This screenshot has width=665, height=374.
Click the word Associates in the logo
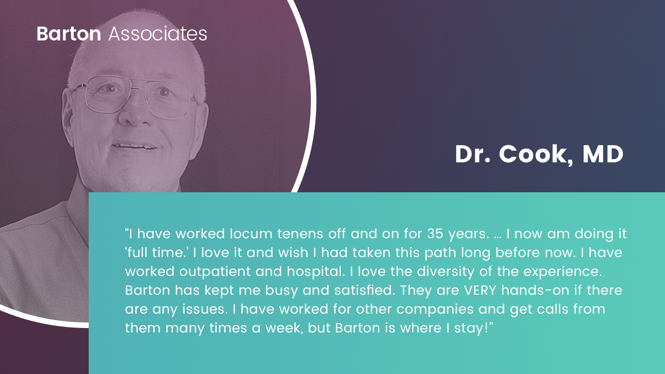157,34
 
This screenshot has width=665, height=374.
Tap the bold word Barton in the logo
69,34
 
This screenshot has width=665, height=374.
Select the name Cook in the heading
536,155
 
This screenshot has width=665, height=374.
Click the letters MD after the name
603,154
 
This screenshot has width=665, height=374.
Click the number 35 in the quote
435,234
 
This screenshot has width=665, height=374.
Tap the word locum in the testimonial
251,234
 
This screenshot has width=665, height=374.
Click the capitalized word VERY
480,290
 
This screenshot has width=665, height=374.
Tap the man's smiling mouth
134,146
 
